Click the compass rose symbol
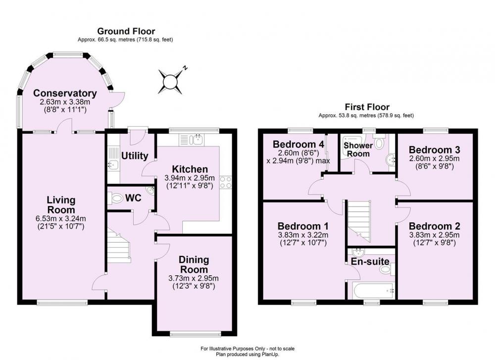[x=170, y=82]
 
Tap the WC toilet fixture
[x=115, y=199]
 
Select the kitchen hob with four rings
[x=226, y=182]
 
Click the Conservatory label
[x=65, y=93]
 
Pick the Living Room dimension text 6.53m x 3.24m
[x=61, y=218]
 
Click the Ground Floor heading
[x=126, y=31]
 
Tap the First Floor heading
[x=367, y=107]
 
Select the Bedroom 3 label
[x=435, y=150]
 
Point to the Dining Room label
[x=194, y=264]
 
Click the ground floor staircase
[x=119, y=247]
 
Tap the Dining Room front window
[x=196, y=333]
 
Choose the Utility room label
[x=135, y=155]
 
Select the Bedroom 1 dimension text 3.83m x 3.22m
[x=303, y=235]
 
